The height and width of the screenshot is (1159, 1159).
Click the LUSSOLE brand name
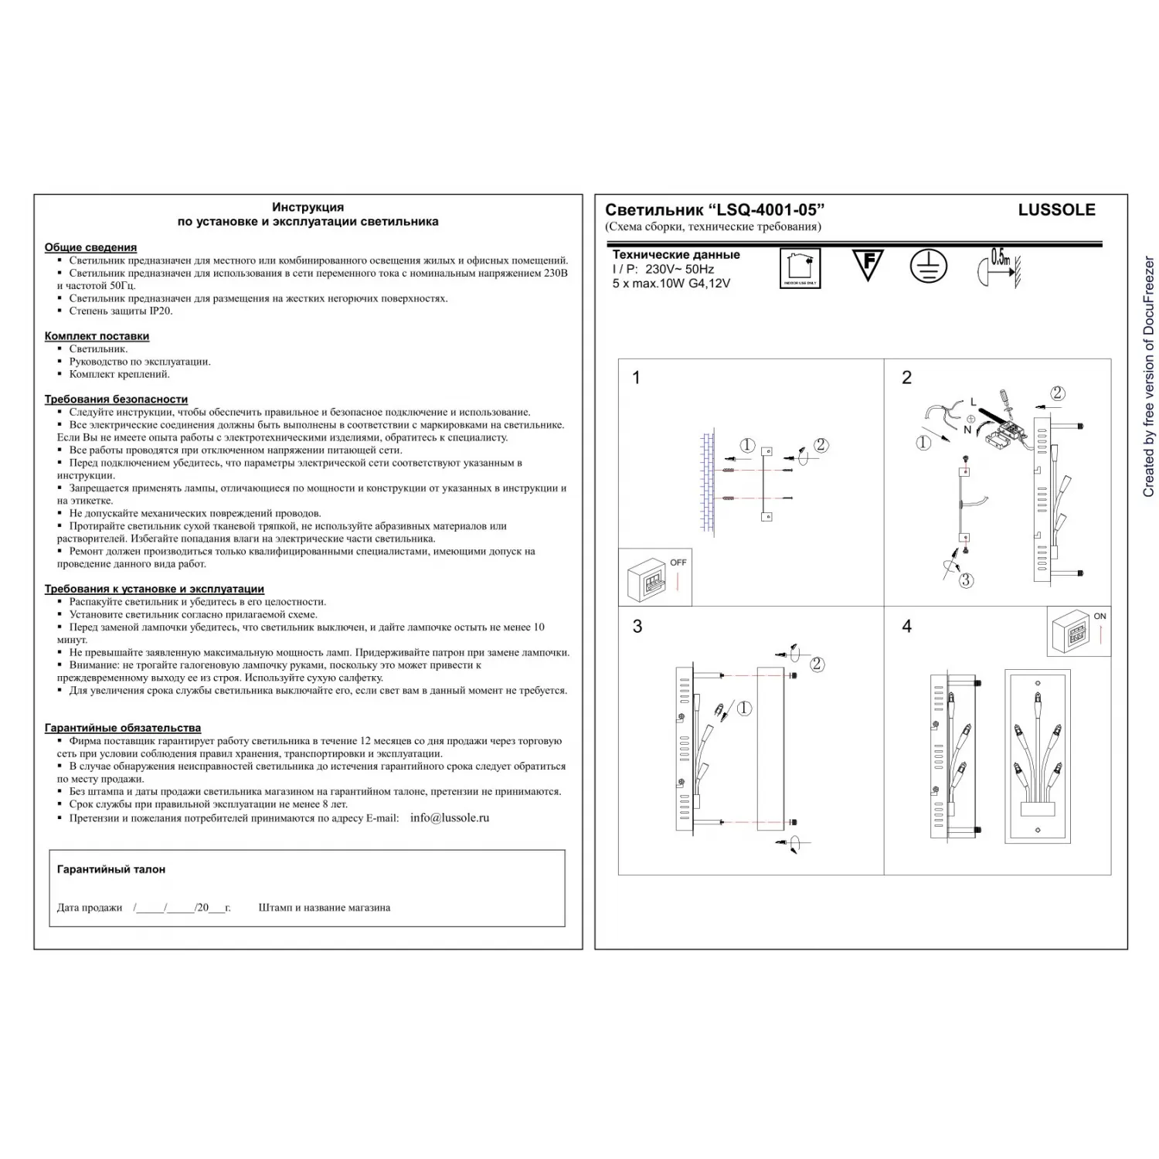1056,209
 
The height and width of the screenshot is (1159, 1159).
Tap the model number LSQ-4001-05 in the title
766,209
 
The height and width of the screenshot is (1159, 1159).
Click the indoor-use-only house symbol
800,268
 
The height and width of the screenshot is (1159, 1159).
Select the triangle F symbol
868,264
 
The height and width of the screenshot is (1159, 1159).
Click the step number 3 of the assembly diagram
637,627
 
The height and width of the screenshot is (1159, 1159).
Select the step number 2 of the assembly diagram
907,378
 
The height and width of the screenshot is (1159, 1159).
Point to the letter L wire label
973,402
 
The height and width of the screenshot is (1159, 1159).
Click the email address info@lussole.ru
450,817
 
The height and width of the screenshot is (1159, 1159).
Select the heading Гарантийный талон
111,869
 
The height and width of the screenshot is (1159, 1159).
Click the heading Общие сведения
90,247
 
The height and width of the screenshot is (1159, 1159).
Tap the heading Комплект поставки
97,336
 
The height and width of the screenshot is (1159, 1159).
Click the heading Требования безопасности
116,399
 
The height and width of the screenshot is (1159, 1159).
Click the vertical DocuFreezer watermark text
1148,377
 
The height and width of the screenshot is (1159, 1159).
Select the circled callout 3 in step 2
966,580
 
